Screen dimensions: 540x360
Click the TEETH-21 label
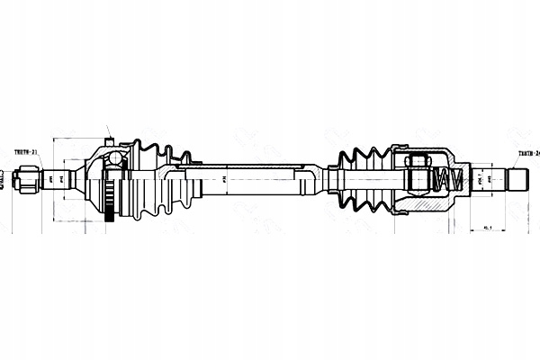pyautogui.click(x=27, y=153)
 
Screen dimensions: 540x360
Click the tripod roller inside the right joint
pyautogui.click(x=417, y=171)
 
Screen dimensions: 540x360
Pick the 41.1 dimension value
pyautogui.click(x=487, y=227)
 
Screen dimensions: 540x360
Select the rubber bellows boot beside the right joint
pyautogui.click(x=364, y=179)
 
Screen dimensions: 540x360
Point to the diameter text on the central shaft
pyautogui.click(x=222, y=179)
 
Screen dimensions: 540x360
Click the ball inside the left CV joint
pyautogui.click(x=114, y=158)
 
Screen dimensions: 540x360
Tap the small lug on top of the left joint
pyautogui.click(x=109, y=140)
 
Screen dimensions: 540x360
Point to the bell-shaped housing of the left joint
pyautogui.click(x=95, y=179)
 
